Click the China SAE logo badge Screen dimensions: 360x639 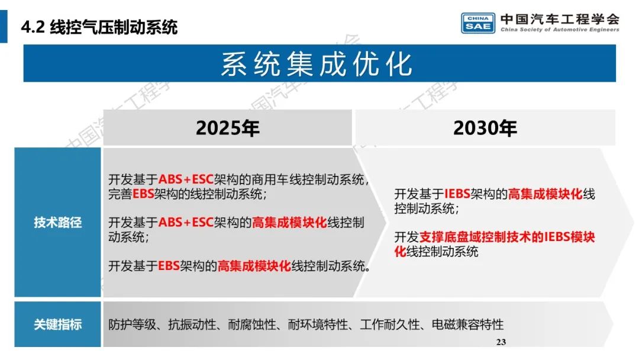[479, 23]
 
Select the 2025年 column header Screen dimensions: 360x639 [228, 128]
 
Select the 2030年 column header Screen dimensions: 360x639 [485, 128]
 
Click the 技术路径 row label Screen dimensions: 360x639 [57, 223]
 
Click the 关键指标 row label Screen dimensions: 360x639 [57, 324]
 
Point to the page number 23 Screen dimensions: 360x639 [501, 342]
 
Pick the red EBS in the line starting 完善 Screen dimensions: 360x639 [143, 194]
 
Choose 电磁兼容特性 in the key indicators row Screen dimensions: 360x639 [468, 324]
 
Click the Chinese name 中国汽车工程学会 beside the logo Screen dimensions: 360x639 [560, 18]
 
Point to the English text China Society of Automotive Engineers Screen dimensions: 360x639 [560, 30]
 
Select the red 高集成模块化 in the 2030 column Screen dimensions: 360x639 [546, 194]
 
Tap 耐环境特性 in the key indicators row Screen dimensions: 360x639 [318, 324]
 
